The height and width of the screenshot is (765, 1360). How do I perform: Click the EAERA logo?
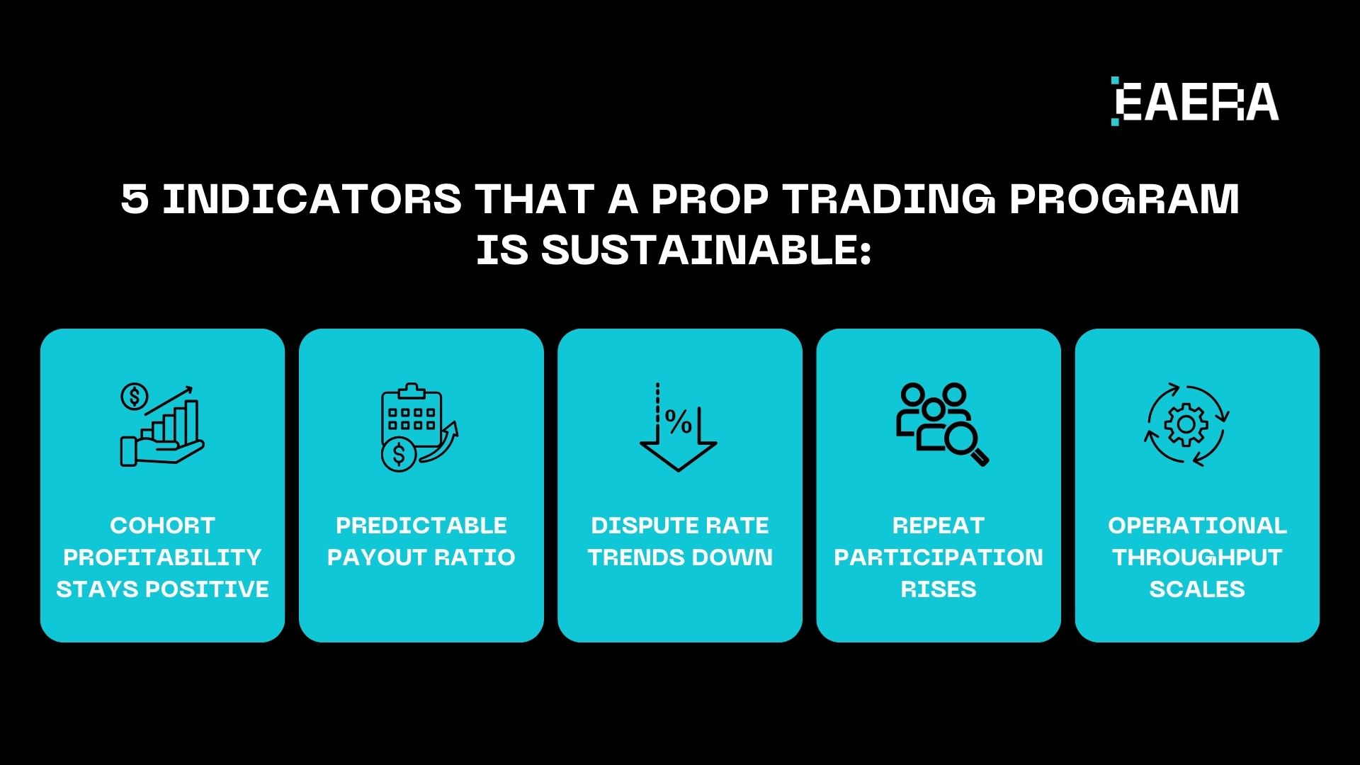(x=1195, y=101)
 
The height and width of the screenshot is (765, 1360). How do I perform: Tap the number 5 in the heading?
(x=135, y=199)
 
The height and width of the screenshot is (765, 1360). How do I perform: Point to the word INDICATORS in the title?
(x=312, y=199)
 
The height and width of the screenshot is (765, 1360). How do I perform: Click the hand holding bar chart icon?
(x=162, y=425)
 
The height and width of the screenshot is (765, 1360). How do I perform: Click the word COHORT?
(x=162, y=526)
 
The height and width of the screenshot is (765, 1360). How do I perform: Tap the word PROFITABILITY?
(x=162, y=557)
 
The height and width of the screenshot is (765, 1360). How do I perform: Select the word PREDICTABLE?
(x=421, y=526)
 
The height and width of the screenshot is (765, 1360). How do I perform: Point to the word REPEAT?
(x=939, y=526)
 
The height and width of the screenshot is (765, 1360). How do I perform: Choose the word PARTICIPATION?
(x=939, y=557)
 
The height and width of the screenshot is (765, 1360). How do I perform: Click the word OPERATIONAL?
(x=1197, y=526)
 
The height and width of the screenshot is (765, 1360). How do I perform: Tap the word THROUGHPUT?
(x=1197, y=557)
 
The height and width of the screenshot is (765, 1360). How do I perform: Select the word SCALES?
(x=1197, y=589)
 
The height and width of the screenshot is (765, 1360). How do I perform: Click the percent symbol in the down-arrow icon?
(x=679, y=423)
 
